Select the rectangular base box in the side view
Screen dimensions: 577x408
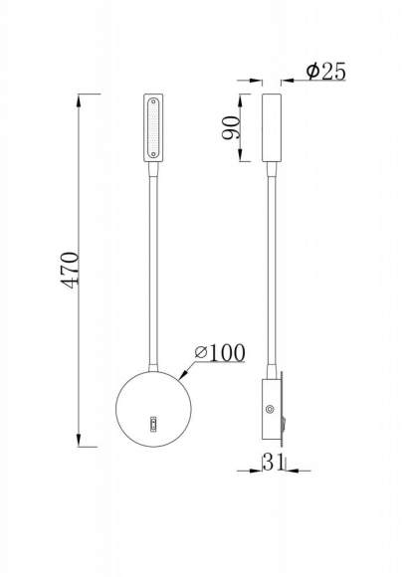[x=271, y=408]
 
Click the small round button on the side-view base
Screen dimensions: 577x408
[x=271, y=408]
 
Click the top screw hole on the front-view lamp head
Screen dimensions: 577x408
[x=153, y=99]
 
